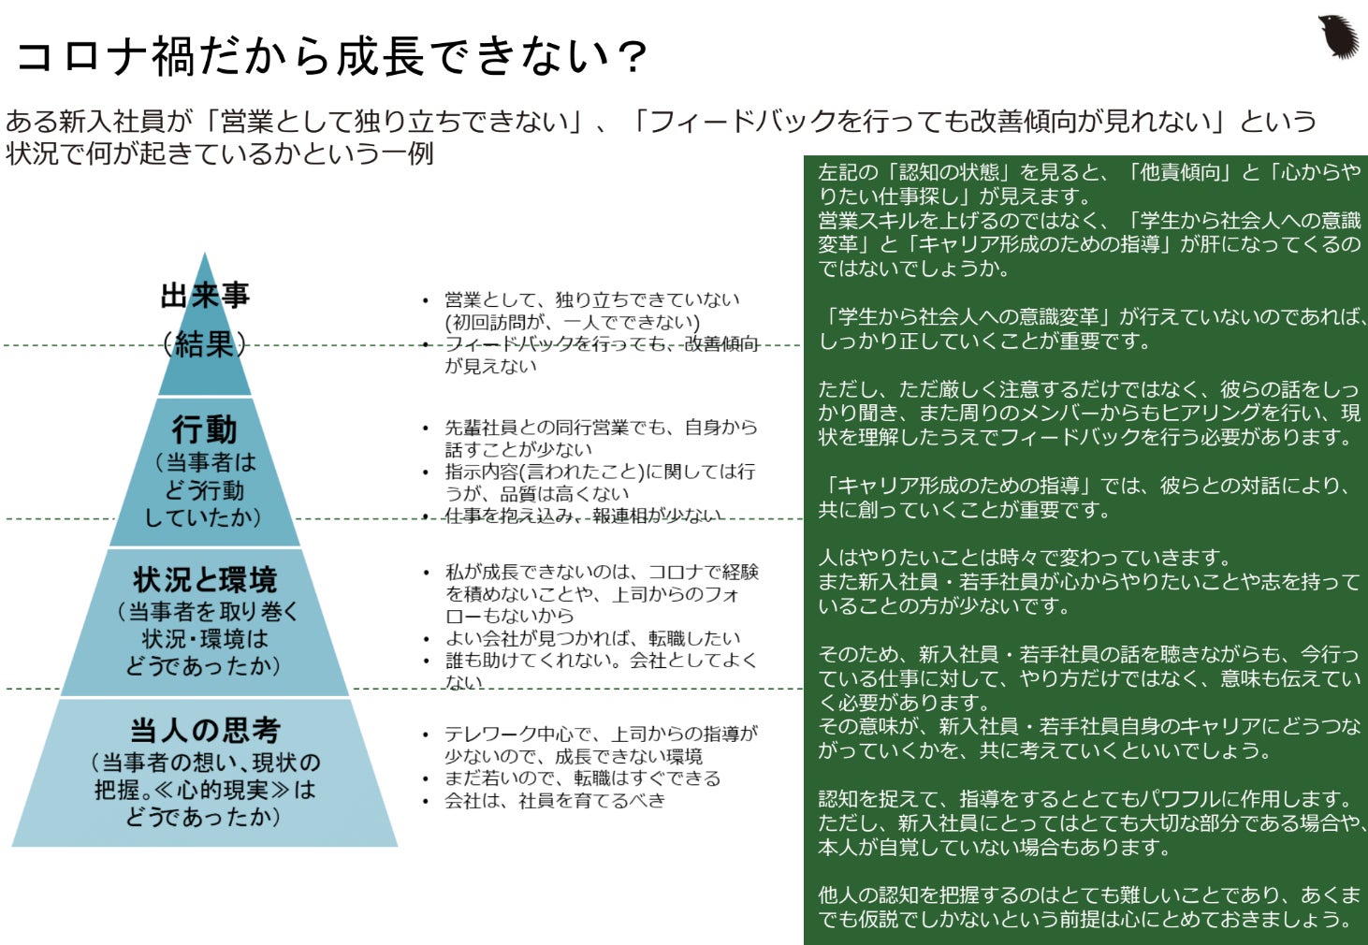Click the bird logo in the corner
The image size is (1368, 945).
point(1337,36)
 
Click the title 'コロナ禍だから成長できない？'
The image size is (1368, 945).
point(331,56)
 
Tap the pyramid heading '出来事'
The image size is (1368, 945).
point(205,296)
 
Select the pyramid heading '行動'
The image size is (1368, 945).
point(204,429)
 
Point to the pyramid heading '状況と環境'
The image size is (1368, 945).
point(205,580)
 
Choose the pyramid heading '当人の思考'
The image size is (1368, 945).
point(205,730)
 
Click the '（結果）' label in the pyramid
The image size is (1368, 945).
point(204,344)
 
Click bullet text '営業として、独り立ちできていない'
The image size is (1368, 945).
point(591,299)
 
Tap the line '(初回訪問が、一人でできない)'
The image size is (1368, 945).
point(572,322)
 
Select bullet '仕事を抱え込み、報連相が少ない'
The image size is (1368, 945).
point(583,516)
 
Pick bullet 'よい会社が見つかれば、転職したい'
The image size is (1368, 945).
point(592,638)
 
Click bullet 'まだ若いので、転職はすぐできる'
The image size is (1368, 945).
point(582,778)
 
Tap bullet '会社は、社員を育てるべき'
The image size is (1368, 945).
point(554,801)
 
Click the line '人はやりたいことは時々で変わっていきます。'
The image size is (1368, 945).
point(1025,558)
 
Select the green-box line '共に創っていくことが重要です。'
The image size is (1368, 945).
point(965,510)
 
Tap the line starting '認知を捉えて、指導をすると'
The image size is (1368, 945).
point(1085,799)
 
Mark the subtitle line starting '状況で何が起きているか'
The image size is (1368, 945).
point(220,153)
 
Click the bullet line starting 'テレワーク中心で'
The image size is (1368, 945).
point(601,734)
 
